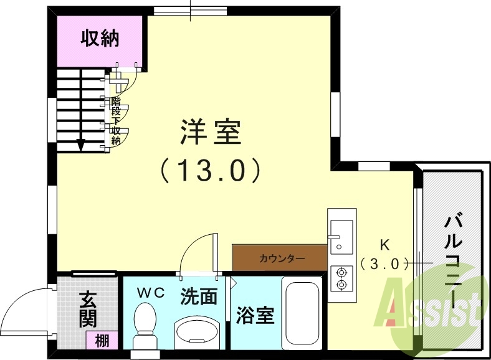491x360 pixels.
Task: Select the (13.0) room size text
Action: click(x=209, y=169)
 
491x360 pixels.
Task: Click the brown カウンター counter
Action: click(x=279, y=257)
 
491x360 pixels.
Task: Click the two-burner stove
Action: click(x=341, y=278)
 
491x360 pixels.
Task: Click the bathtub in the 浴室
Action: click(x=302, y=311)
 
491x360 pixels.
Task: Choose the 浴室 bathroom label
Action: click(x=255, y=316)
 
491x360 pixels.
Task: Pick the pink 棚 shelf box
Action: click(x=103, y=340)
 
